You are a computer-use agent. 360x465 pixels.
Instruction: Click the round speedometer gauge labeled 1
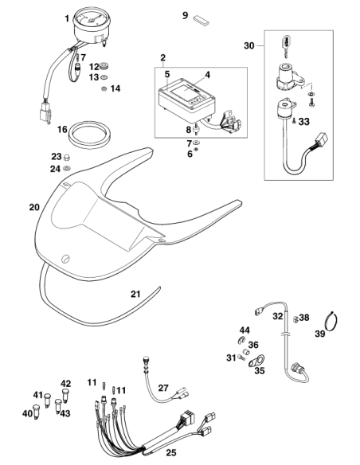(92, 26)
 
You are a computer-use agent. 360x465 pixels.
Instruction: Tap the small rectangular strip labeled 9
(202, 19)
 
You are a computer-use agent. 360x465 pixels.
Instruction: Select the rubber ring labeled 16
(89, 132)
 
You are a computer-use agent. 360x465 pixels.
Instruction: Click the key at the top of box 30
(286, 45)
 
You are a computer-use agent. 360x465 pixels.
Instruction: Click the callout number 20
(34, 207)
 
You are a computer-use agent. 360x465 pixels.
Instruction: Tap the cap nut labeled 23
(68, 157)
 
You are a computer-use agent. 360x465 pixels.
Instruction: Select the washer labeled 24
(67, 169)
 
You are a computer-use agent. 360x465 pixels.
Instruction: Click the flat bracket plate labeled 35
(256, 361)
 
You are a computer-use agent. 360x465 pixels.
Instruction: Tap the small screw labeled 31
(241, 358)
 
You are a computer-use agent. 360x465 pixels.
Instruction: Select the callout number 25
(171, 452)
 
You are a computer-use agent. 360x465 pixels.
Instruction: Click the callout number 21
(135, 294)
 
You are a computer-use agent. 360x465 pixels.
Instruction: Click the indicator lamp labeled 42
(65, 395)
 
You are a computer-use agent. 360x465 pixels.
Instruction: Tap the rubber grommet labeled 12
(104, 65)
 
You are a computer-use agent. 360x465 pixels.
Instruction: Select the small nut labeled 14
(104, 88)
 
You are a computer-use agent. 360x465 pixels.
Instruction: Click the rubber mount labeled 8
(196, 130)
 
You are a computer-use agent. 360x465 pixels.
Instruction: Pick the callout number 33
(304, 121)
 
